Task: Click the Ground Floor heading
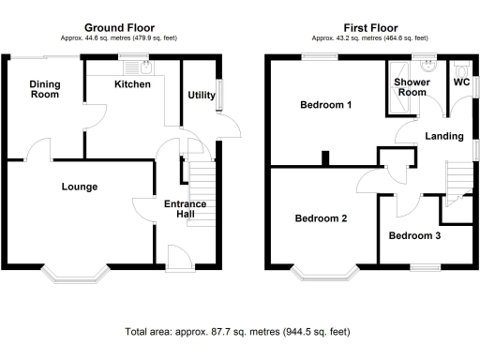pyautogui.click(x=119, y=28)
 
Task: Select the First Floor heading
pyautogui.click(x=370, y=28)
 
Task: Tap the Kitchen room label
pyautogui.click(x=132, y=84)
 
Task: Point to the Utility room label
pyautogui.click(x=202, y=95)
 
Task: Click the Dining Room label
pyautogui.click(x=45, y=89)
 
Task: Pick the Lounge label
pyautogui.click(x=80, y=187)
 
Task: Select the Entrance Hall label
pyautogui.click(x=186, y=209)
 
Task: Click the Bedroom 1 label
pyautogui.click(x=326, y=105)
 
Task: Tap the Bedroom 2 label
pyautogui.click(x=321, y=218)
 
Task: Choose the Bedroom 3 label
pyautogui.click(x=414, y=235)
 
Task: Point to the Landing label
pyautogui.click(x=444, y=136)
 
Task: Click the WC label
pyautogui.click(x=461, y=82)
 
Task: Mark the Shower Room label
pyautogui.click(x=412, y=87)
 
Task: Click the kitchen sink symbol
pyautogui.click(x=146, y=67)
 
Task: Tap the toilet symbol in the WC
pyautogui.click(x=461, y=69)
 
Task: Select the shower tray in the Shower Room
pyautogui.click(x=398, y=87)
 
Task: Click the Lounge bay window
pyautogui.click(x=75, y=275)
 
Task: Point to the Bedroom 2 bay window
pyautogui.click(x=325, y=273)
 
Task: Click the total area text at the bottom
pyautogui.click(x=237, y=332)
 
